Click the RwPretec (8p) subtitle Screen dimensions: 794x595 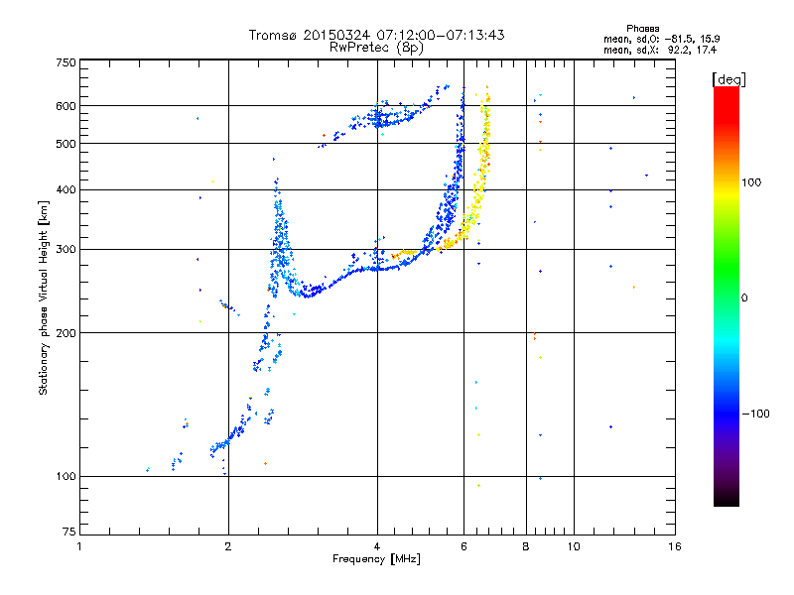click(376, 48)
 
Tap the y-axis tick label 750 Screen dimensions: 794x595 click(66, 62)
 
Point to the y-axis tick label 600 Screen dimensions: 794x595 click(66, 106)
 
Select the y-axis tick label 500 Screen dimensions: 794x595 click(66, 144)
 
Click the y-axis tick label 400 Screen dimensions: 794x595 click(66, 189)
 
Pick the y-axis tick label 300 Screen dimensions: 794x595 click(66, 249)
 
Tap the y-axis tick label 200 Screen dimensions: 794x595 click(66, 333)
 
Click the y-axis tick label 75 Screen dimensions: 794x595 click(69, 532)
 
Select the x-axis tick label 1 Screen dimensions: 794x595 click(79, 546)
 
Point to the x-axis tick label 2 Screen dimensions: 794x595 click(228, 546)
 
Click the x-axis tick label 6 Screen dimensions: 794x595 click(463, 546)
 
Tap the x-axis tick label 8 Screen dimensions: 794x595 click(526, 546)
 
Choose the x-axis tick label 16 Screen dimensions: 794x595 click(675, 546)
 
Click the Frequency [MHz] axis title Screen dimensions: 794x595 click(376, 559)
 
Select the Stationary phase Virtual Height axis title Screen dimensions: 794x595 click(43, 298)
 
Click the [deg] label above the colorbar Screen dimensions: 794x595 click(728, 80)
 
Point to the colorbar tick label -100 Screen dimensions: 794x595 click(756, 414)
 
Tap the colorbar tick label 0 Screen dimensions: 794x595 click(744, 298)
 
